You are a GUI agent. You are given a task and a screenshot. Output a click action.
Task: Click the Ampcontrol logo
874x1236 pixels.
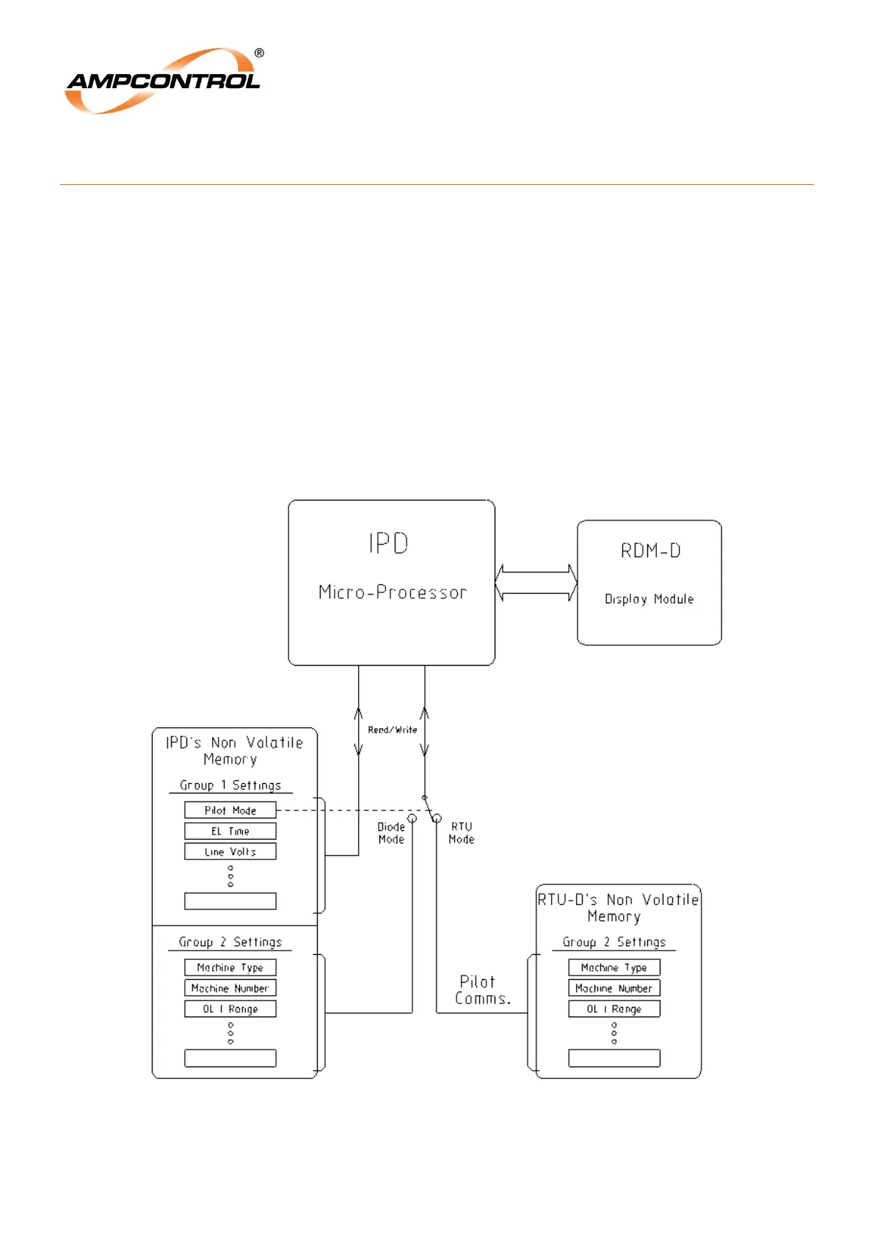163,81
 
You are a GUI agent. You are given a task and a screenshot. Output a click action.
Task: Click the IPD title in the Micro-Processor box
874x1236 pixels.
388,543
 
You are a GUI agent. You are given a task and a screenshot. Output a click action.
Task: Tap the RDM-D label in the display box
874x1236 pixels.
650,550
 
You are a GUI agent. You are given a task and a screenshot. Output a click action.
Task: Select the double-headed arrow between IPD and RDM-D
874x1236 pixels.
536,583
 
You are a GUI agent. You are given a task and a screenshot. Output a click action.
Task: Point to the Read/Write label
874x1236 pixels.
392,730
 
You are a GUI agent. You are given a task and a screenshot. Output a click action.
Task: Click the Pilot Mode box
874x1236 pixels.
230,810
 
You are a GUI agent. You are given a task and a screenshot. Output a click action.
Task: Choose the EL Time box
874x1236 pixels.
230,831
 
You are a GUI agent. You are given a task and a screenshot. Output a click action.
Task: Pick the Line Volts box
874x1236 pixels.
230,851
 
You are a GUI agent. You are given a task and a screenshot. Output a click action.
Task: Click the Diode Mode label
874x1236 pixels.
391,833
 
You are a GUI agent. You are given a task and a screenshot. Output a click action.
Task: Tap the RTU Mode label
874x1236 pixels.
462,833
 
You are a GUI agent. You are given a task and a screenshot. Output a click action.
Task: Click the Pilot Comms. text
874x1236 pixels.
481,990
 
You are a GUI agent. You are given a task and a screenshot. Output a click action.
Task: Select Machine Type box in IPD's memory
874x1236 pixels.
230,967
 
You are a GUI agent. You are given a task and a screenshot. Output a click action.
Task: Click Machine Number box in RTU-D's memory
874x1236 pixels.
614,988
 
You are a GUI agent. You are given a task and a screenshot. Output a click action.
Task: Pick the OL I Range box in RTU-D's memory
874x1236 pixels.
614,1008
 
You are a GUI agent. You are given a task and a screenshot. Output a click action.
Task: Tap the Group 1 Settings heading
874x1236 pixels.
230,785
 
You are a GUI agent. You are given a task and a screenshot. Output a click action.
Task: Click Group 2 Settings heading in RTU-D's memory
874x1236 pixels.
614,942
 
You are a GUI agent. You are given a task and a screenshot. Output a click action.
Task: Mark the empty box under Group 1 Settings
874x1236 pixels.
230,901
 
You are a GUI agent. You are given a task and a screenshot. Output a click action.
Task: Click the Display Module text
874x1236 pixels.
649,599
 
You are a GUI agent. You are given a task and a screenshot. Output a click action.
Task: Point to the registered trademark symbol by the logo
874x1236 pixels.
259,53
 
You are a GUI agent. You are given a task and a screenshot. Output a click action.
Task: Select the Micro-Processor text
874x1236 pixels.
392,592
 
